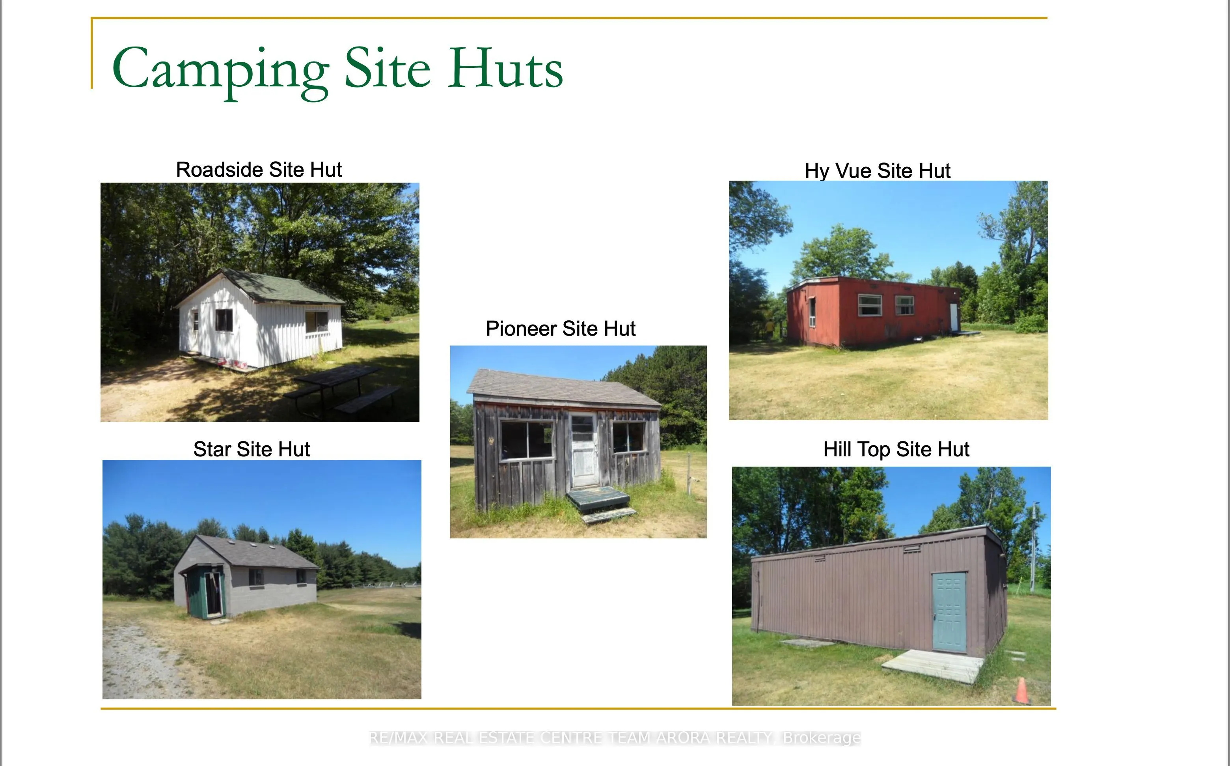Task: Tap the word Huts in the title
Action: tap(505, 68)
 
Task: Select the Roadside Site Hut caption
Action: tap(259, 169)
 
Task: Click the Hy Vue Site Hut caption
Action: tap(877, 171)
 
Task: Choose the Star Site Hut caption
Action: tap(251, 449)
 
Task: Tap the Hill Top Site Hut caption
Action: tap(896, 449)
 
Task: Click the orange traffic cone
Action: tap(1021, 691)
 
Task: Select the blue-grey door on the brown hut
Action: tap(949, 612)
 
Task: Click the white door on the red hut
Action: tap(954, 317)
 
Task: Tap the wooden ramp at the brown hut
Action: tap(932, 666)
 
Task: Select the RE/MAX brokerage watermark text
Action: tap(615, 738)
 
